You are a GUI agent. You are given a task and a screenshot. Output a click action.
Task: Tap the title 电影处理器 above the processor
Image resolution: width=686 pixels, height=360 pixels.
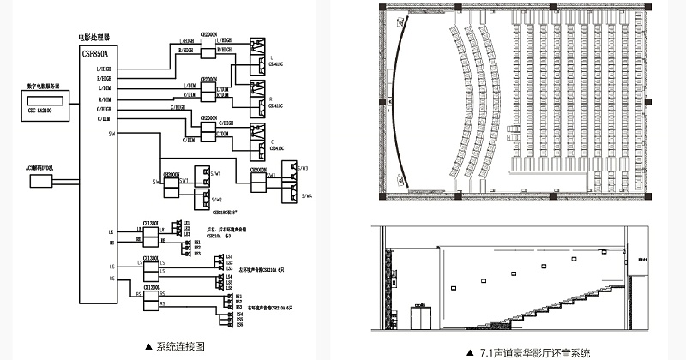[93, 38]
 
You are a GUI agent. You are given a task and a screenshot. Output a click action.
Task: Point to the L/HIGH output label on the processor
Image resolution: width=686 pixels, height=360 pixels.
[105, 68]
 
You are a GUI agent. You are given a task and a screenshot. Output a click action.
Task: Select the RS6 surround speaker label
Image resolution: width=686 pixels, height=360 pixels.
[239, 325]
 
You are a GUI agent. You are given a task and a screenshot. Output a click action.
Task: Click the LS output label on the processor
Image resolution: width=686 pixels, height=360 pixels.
[111, 267]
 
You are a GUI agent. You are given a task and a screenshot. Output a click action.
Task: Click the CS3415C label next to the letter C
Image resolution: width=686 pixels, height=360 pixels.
[276, 147]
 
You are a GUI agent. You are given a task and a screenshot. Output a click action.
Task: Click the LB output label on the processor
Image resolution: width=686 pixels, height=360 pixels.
[111, 231]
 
